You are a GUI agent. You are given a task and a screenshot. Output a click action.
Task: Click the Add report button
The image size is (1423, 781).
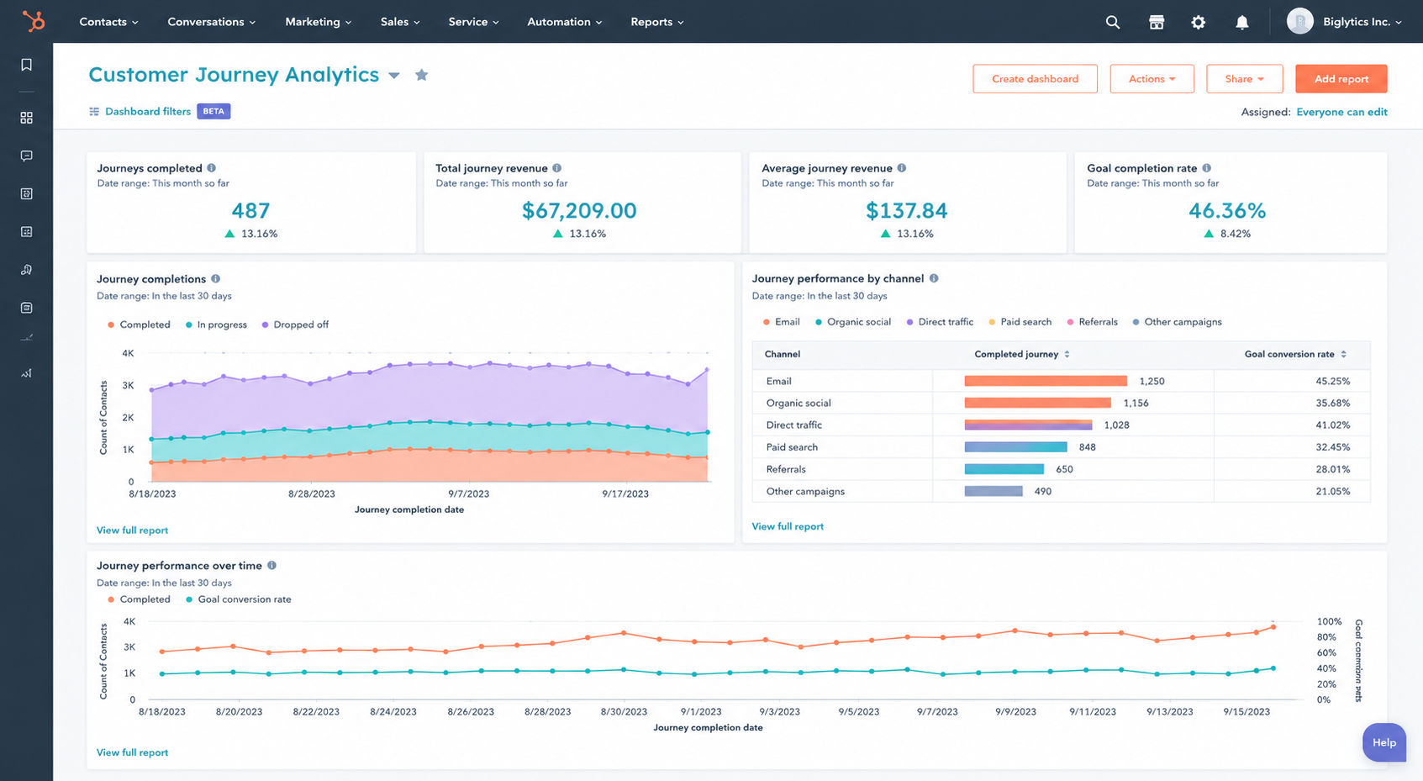[x=1341, y=79]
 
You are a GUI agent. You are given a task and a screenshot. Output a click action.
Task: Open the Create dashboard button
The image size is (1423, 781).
[x=1035, y=79]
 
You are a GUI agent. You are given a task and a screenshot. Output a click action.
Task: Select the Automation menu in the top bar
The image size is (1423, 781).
[x=564, y=22]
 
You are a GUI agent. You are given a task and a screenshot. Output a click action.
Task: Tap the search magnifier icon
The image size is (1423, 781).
[x=1112, y=22]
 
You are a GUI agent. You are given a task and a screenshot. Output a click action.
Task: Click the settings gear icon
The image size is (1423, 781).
[x=1198, y=22]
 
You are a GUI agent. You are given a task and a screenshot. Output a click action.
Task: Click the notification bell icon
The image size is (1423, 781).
[x=1242, y=22]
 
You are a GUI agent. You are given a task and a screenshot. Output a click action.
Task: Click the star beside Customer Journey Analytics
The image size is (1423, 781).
[x=421, y=75]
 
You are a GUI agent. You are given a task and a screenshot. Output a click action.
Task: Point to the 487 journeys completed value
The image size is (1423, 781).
[x=250, y=210]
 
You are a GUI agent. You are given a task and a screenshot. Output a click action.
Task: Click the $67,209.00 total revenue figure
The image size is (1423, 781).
[x=579, y=210]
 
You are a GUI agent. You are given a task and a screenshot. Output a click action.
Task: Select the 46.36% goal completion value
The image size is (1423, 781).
[x=1227, y=210]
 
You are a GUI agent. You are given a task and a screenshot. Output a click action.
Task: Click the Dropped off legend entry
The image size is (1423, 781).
[x=295, y=325]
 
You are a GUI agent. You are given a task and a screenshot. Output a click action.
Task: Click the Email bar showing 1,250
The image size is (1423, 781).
[x=1046, y=381]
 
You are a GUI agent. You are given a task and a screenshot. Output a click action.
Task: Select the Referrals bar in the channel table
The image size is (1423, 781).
[x=1004, y=469]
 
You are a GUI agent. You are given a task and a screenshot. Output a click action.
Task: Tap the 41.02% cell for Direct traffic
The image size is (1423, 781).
[x=1332, y=425]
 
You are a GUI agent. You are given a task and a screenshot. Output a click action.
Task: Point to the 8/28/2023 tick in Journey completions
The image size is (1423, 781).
[x=311, y=493]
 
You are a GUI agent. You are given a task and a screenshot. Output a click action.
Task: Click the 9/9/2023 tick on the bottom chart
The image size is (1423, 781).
[x=1015, y=712]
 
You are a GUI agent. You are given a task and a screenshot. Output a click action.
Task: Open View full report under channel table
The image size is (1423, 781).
[x=787, y=526]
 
